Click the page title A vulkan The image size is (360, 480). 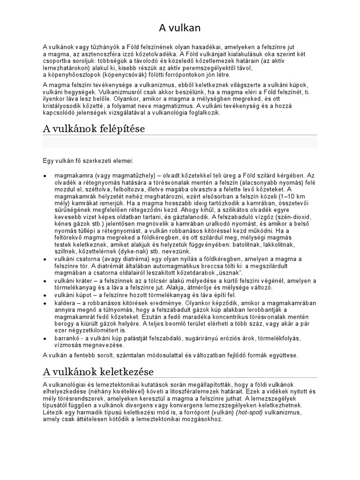click(x=180, y=28)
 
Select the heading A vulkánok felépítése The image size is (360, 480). click(x=94, y=128)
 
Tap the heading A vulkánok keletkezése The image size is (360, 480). click(x=98, y=372)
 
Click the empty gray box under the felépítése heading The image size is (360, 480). click(x=180, y=142)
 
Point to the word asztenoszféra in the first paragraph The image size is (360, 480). click(x=98, y=54)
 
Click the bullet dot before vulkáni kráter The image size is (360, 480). click(x=45, y=280)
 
